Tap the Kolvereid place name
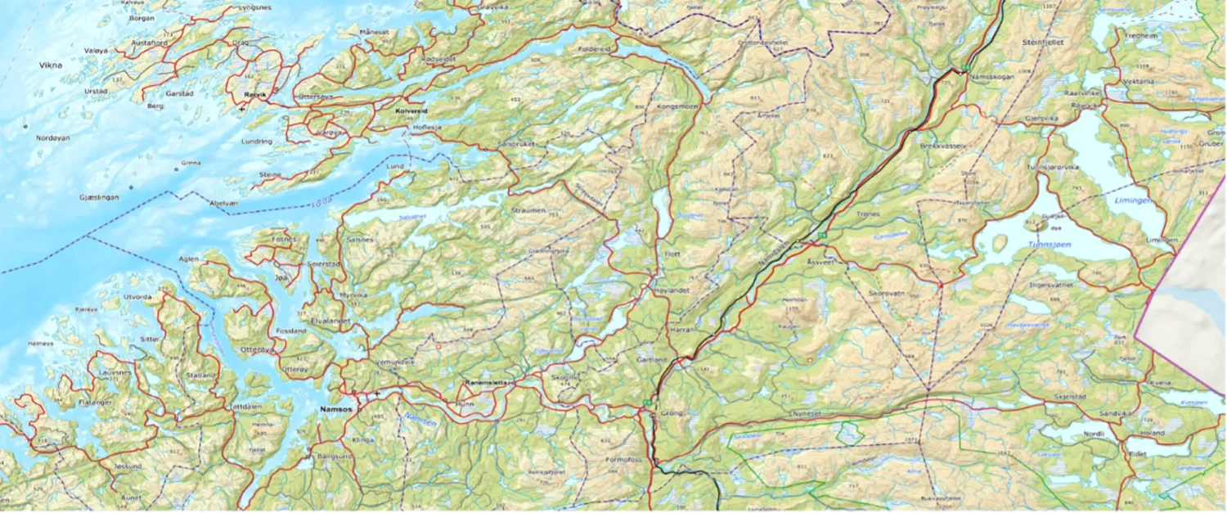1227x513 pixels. (x=412, y=110)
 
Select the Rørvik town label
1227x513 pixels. (x=256, y=94)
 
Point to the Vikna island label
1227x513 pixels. (x=52, y=64)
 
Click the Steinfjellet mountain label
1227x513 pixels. (x=1043, y=42)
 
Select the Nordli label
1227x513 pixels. (x=1093, y=434)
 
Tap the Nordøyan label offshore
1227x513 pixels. (x=53, y=138)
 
